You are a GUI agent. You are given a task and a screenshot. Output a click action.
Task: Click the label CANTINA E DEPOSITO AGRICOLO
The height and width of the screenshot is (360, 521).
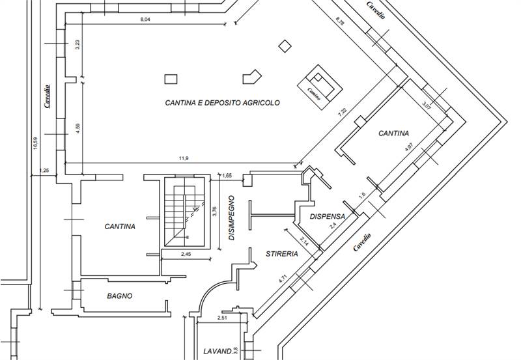click(222, 103)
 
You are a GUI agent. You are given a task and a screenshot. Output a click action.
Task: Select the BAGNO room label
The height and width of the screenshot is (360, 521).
click(119, 296)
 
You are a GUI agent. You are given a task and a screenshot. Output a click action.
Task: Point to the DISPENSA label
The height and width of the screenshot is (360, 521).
click(327, 217)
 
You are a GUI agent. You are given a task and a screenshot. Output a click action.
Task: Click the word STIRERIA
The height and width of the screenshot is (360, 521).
click(281, 254)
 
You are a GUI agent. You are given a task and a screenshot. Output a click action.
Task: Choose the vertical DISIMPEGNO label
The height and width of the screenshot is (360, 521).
click(232, 219)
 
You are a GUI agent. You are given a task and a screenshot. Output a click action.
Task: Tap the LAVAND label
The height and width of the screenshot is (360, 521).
click(218, 351)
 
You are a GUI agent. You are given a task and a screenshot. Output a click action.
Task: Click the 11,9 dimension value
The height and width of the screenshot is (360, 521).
click(183, 159)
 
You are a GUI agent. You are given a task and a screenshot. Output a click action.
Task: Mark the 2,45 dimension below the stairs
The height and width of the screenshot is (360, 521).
click(186, 254)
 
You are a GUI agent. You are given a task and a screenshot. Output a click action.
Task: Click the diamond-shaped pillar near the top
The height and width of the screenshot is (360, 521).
click(284, 46)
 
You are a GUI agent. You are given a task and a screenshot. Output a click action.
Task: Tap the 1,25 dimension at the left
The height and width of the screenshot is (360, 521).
click(45, 171)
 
